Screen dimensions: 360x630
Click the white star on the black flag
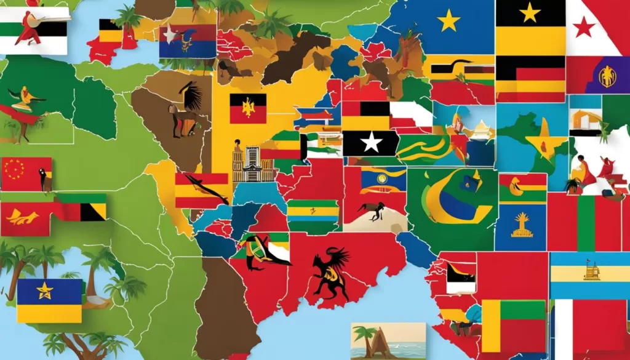[x=371, y=143]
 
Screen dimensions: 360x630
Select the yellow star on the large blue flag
[x=449, y=22]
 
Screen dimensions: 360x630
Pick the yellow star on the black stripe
[x=530, y=12]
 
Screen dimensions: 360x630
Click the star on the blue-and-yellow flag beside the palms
[x=45, y=290]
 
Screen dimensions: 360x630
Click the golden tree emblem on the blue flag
[x=522, y=225]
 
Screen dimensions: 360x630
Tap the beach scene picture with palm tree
[x=388, y=340]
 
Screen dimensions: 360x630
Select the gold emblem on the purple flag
[x=607, y=76]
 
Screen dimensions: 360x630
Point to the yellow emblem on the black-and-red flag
[x=248, y=108]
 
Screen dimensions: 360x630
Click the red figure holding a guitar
[x=29, y=28]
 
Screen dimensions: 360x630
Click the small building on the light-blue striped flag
[x=591, y=271]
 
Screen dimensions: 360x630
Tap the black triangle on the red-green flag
[x=92, y=212]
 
